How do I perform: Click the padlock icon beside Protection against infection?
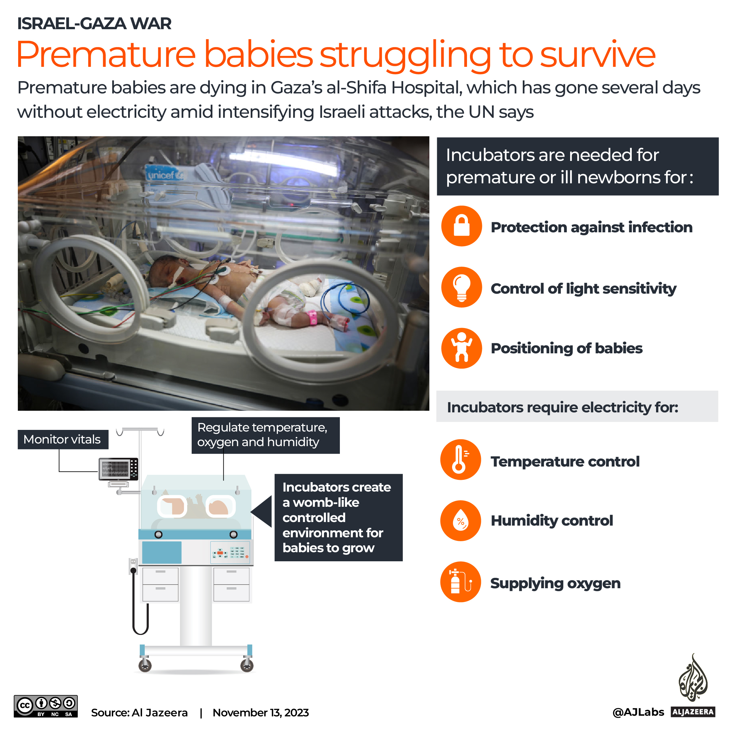coord(461,226)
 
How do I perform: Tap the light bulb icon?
coord(461,287)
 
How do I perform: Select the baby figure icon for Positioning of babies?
coord(461,348)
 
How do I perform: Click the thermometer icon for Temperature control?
coord(460,459)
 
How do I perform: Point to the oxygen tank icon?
coord(460,582)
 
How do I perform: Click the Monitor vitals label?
coord(63,439)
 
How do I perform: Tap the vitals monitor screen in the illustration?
coord(115,469)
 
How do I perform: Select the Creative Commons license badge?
coord(46,706)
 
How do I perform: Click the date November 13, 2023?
coord(260,712)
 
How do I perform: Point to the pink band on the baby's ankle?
coord(313,317)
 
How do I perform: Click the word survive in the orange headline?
coord(597,55)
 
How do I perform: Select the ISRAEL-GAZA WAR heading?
coord(94,23)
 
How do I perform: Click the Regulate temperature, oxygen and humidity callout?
coord(265,435)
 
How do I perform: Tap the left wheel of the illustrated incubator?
coord(145,666)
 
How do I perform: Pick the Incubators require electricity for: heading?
coord(562,407)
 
